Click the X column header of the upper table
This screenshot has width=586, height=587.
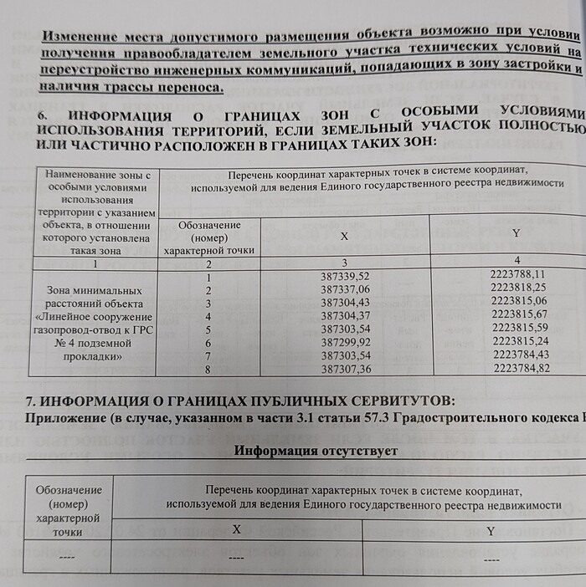tap(344, 237)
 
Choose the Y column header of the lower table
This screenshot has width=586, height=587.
tap(491, 530)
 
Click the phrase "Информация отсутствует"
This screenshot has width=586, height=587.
tap(316, 452)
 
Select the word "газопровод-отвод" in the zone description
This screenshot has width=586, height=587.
tap(76, 329)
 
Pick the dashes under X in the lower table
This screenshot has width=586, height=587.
tap(236, 556)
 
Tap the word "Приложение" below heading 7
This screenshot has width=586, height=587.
tap(66, 417)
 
